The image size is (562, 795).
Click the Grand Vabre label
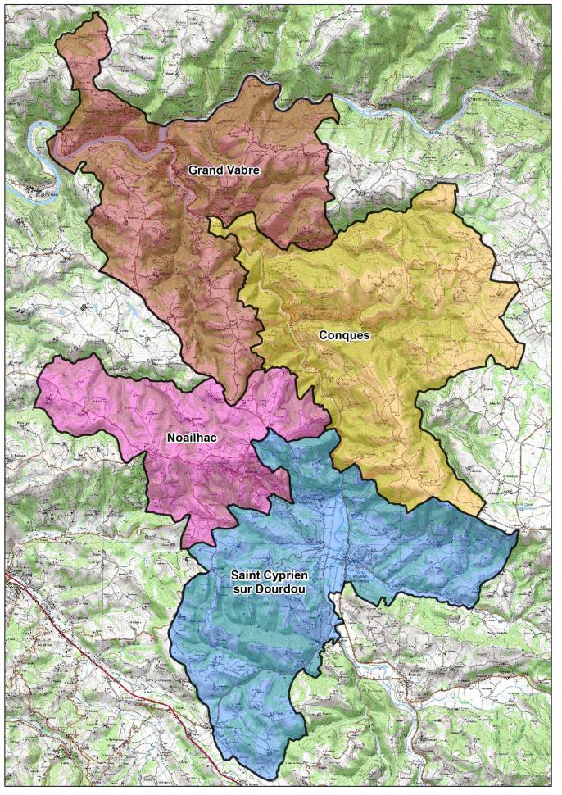[x=224, y=170]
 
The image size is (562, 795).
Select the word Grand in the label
[x=206, y=170]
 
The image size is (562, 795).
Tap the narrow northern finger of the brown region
[x=90, y=41]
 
